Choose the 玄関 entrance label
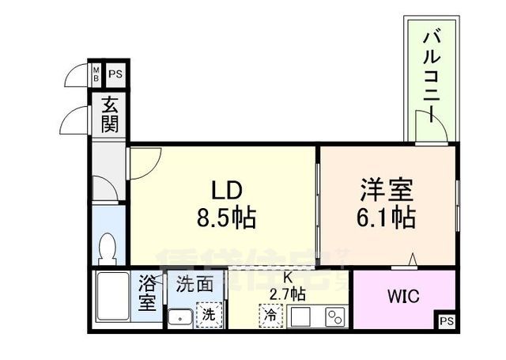pyautogui.click(x=108, y=115)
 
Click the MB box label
pyautogui.click(x=96, y=76)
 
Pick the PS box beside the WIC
pyautogui.click(x=447, y=320)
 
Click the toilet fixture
pyautogui.click(x=108, y=251)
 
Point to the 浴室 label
pyautogui.click(x=148, y=293)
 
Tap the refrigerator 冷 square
pyautogui.click(x=270, y=313)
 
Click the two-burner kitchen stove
pyautogui.click(x=335, y=317)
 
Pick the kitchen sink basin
pyautogui.click(x=301, y=317)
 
